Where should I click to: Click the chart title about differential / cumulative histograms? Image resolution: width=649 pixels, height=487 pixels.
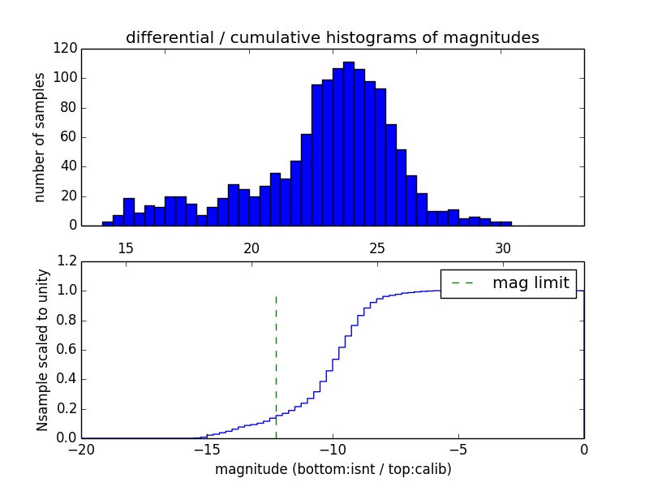(x=333, y=37)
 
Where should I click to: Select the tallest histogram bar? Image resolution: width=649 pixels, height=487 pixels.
(x=348, y=146)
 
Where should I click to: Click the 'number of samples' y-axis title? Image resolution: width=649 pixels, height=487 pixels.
(x=39, y=136)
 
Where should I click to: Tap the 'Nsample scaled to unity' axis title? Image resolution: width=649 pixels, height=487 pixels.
(x=42, y=349)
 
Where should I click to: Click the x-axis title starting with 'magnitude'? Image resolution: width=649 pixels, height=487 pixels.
(x=333, y=469)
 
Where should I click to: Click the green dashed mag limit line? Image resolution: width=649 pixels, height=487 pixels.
(x=276, y=365)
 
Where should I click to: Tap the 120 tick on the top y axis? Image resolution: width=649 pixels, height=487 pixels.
(x=66, y=49)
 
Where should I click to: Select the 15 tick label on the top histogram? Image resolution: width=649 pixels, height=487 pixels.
(x=126, y=247)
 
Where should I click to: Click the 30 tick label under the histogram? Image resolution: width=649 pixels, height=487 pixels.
(x=502, y=247)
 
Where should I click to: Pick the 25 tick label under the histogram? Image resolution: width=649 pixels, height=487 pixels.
(x=376, y=247)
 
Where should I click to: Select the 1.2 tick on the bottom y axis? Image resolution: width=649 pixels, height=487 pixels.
(x=67, y=261)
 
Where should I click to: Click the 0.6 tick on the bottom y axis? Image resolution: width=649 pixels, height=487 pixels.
(x=67, y=350)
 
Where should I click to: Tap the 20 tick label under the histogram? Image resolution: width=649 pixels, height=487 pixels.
(x=251, y=247)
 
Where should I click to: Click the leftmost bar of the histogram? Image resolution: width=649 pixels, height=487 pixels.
(x=107, y=223)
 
